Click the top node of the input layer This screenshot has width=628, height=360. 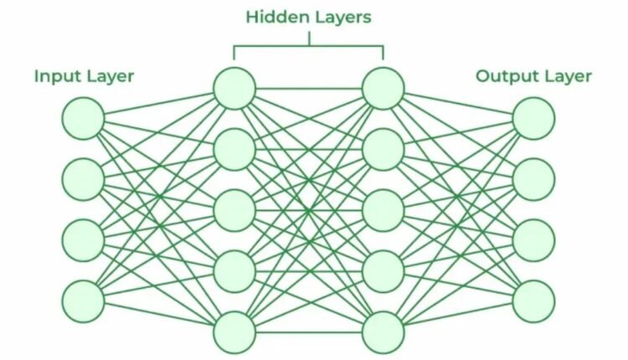(x=83, y=118)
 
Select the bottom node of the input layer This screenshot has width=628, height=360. (x=83, y=301)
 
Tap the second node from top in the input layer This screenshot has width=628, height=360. (x=83, y=178)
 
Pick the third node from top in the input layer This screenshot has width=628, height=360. (x=83, y=239)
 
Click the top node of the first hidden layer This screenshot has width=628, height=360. (x=234, y=88)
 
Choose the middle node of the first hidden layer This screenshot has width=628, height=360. (x=234, y=210)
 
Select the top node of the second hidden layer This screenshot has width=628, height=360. (x=383, y=88)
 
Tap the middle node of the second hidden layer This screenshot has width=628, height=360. (x=383, y=210)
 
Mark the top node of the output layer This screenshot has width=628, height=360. (x=533, y=118)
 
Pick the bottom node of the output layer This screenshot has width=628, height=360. (x=533, y=301)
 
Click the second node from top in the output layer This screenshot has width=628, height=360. (x=533, y=178)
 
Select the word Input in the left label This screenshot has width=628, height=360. (x=57, y=77)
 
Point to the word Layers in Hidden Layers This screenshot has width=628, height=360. (x=341, y=18)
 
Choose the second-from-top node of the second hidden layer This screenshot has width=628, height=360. (x=383, y=149)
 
